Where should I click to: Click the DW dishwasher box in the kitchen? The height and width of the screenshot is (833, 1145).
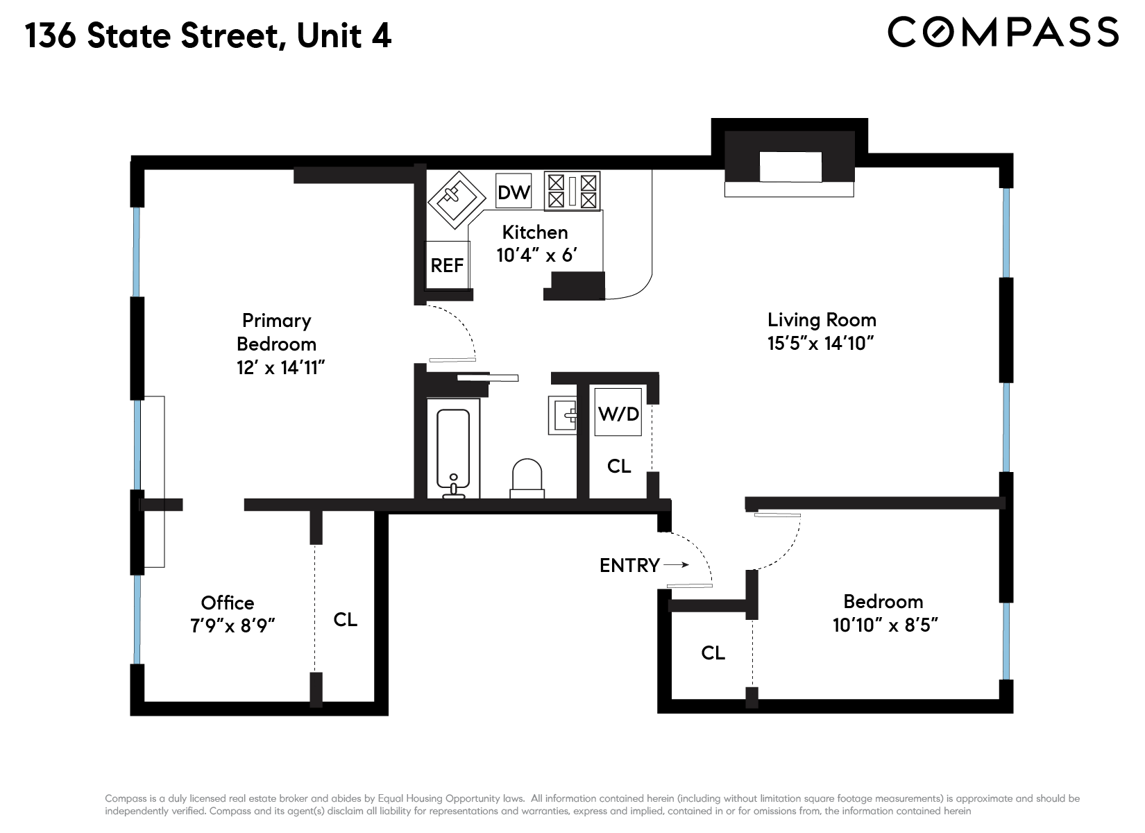coord(514,192)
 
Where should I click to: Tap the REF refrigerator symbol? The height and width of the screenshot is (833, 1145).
coord(447,265)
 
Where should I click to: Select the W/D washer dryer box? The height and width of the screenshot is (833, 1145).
coord(618,414)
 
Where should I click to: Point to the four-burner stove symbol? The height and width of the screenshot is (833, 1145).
coord(572,192)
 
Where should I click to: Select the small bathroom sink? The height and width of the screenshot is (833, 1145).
coord(563,415)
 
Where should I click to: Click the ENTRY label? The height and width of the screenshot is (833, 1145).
coord(629,565)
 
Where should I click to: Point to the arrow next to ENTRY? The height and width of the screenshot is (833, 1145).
coord(677,565)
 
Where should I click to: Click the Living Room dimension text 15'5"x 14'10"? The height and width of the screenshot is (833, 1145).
coord(820,343)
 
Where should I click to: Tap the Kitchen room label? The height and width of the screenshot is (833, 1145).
coord(534,232)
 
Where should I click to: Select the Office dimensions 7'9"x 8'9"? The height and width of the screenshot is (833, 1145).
coord(232,625)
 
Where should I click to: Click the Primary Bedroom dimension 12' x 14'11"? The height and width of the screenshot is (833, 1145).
coord(280,367)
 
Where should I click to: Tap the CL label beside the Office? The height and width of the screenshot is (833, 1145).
coord(345,619)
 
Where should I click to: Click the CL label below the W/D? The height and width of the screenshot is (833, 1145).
coord(618,466)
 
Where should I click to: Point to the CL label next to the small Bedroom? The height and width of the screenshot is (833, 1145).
coord(713,653)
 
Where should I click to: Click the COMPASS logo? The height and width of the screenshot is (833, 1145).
coord(1003,32)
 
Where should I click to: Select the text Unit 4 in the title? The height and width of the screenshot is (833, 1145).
coord(344,36)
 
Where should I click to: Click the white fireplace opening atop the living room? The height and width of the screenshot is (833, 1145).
coord(790,167)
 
